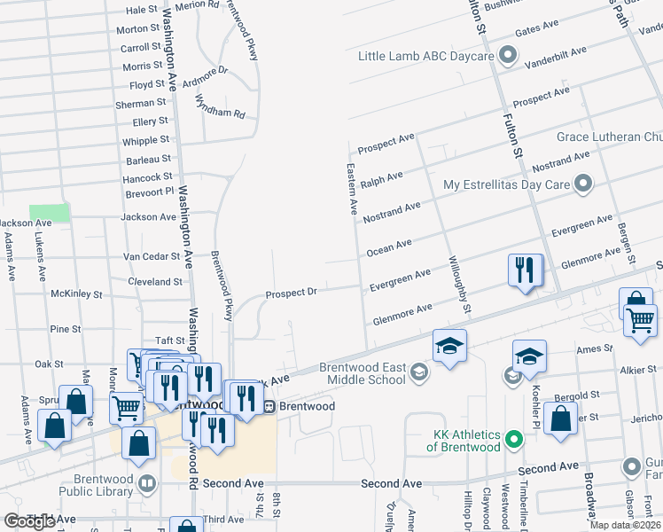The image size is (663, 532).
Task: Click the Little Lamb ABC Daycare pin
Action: [508, 57]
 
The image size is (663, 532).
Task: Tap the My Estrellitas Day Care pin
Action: [582, 184]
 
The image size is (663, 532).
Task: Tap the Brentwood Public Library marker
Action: [146, 484]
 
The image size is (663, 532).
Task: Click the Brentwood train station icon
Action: [268, 406]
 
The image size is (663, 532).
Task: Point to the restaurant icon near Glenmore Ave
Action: [525, 270]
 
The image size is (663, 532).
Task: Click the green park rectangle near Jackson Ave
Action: [50, 213]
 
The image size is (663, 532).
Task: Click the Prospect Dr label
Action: [292, 293]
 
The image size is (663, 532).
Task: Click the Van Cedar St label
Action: [152, 257]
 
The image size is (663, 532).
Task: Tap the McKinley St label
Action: [79, 293]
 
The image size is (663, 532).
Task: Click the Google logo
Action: [30, 521]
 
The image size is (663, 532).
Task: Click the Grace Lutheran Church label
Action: [609, 137]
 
